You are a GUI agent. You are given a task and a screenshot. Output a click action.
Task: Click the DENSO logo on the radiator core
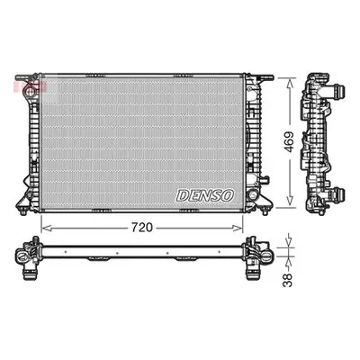(205, 195)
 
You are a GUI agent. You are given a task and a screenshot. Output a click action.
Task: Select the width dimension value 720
(141, 228)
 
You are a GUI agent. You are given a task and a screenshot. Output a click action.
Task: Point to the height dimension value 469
(289, 141)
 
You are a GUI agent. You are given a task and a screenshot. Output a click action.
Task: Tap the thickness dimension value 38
(288, 280)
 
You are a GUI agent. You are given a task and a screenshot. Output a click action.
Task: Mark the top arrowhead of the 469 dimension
(290, 82)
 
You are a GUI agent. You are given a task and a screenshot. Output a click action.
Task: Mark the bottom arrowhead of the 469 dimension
(290, 202)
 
